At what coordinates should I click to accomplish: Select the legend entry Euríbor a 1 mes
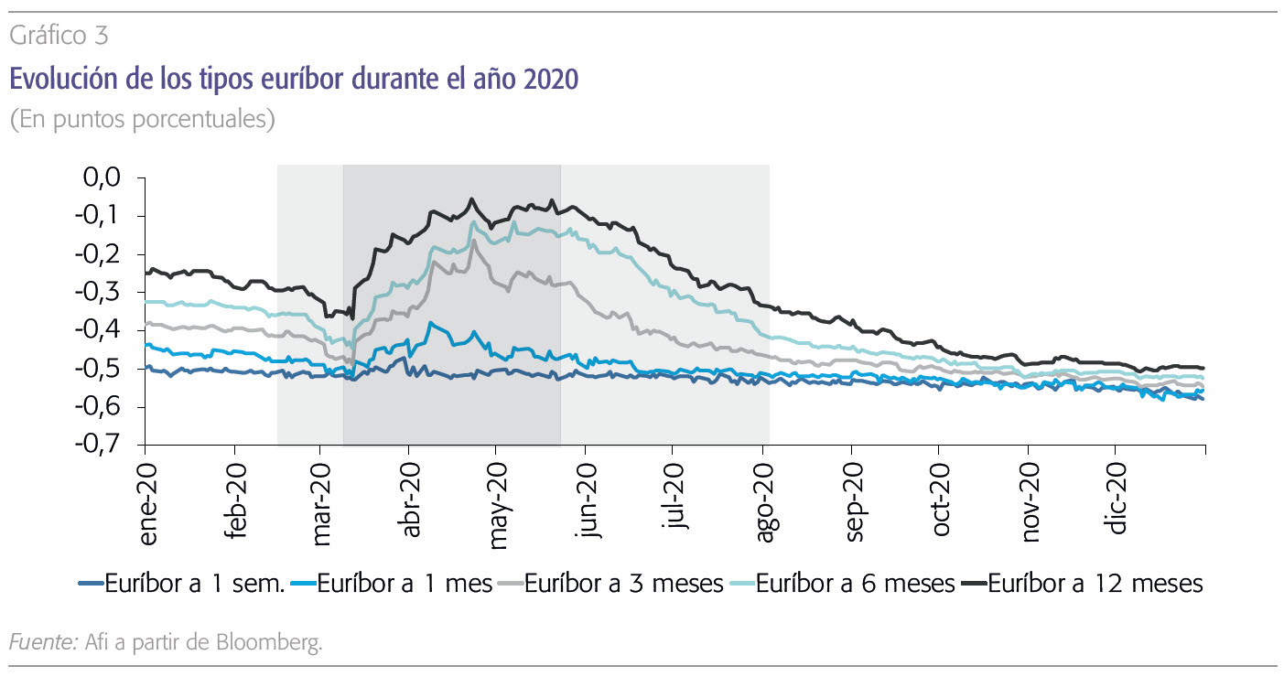405,583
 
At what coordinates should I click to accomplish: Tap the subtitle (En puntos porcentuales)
142,120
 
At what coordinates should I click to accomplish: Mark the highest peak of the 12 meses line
471,199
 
